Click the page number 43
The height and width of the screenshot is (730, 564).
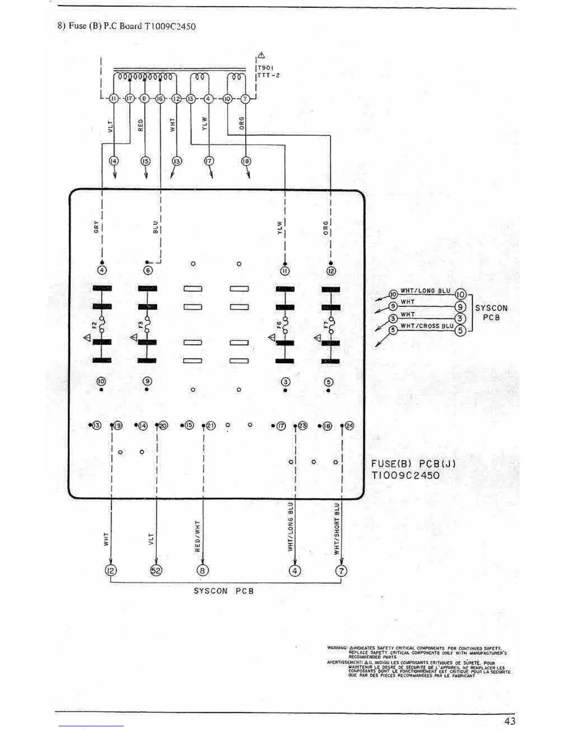pos(510,721)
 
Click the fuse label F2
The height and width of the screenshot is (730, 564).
pos(95,325)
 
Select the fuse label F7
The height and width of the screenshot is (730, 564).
pos(326,326)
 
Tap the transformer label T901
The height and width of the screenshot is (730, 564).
pos(266,67)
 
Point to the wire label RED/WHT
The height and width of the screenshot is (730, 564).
pos(197,536)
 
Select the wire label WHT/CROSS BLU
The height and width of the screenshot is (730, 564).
pos(427,326)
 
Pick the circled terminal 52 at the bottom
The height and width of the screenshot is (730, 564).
pos(156,571)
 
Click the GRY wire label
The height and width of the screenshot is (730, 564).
pos(96,226)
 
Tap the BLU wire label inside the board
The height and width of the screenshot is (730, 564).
pos(155,227)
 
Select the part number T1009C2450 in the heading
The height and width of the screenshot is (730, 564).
pos(170,26)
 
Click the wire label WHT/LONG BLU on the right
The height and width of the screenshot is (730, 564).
pos(425,291)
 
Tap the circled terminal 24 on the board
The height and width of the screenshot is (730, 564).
pos(349,426)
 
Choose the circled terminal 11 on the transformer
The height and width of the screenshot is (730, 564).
pos(113,98)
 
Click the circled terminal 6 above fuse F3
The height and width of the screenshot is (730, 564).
pos(148,271)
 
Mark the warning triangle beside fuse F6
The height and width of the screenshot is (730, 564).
pos(272,338)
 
